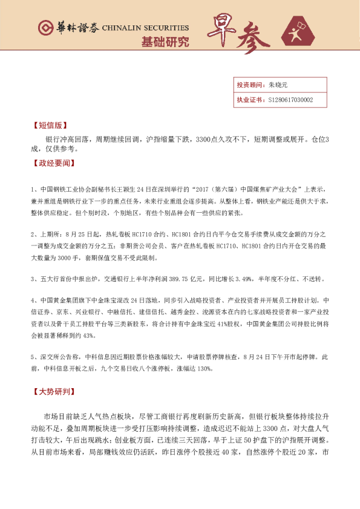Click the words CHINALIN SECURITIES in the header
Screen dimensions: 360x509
146,28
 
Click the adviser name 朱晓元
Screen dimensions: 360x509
277,85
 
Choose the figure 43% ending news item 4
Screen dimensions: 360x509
88,335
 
